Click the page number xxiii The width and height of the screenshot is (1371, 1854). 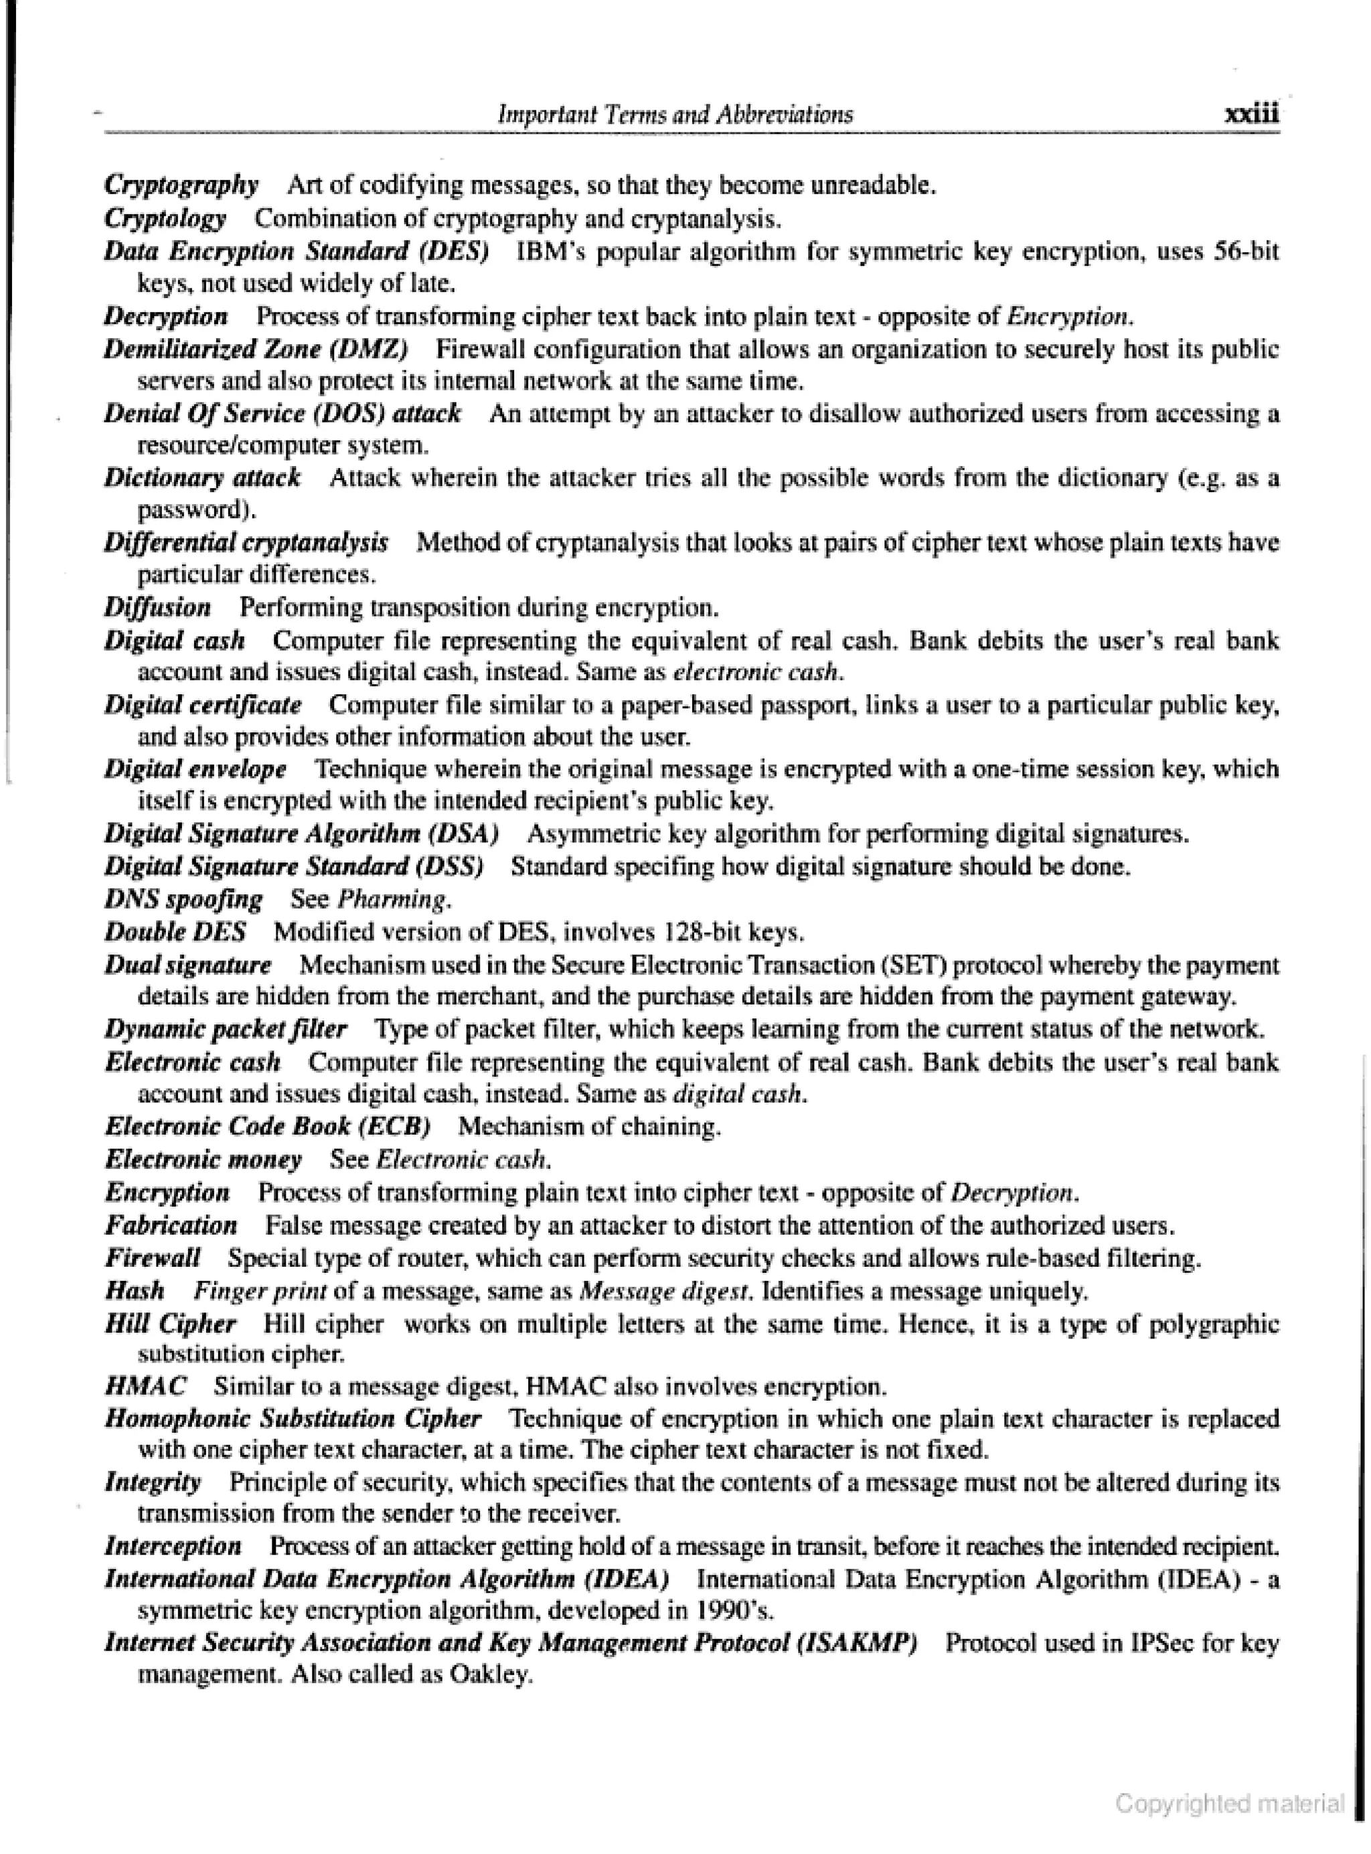tap(1251, 114)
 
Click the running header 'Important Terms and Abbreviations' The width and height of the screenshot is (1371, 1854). tap(674, 114)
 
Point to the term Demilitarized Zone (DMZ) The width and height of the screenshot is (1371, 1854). tap(256, 349)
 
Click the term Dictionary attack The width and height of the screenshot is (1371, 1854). tap(201, 478)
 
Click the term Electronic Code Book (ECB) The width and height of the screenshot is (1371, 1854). tap(267, 1127)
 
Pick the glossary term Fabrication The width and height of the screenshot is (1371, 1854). tap(171, 1225)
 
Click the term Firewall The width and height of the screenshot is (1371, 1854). tap(153, 1258)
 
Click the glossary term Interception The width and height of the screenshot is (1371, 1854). tap(173, 1546)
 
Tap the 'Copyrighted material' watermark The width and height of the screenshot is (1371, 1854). tap(1229, 1802)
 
